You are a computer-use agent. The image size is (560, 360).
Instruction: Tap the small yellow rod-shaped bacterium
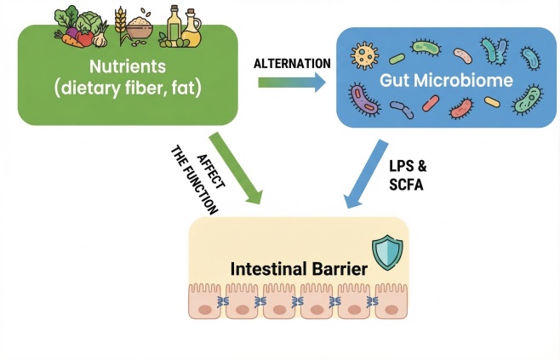click(491, 101)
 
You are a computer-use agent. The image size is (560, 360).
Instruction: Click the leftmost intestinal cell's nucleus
click(204, 310)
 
